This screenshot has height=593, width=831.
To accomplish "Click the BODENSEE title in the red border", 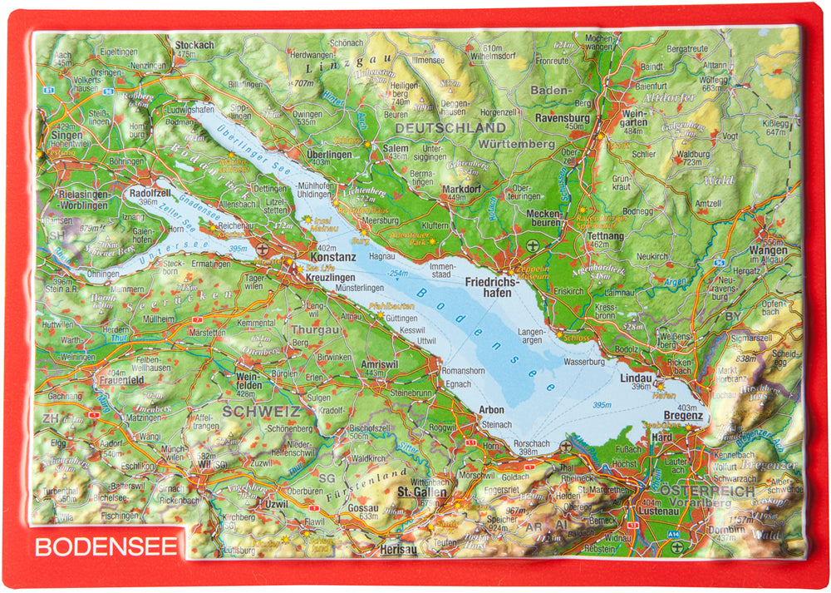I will coord(106,547).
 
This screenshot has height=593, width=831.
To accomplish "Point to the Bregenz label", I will coord(683,415).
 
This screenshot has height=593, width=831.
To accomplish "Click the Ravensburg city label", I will coord(563,118).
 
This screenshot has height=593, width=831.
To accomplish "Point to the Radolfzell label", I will coord(150,193).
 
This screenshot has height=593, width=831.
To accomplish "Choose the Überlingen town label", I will coord(329,154).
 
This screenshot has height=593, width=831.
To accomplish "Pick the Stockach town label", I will coord(195,45).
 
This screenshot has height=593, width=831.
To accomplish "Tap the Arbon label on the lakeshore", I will coord(492,409).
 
